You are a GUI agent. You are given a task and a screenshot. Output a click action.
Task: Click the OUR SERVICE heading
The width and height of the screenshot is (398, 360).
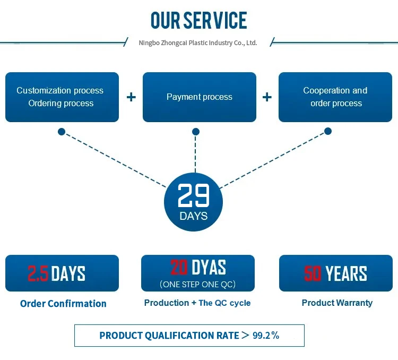[x=199, y=20]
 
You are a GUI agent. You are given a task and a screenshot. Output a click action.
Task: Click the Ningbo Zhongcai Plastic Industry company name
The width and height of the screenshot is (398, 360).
[x=197, y=42]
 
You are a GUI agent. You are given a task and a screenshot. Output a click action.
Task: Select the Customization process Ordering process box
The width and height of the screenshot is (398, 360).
[x=62, y=97]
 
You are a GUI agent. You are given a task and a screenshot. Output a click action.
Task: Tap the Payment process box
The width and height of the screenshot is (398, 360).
[x=200, y=97]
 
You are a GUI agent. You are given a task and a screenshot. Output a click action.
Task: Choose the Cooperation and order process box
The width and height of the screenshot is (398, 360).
[x=335, y=97]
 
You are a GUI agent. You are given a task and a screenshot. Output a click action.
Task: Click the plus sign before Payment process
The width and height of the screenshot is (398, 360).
[x=131, y=97]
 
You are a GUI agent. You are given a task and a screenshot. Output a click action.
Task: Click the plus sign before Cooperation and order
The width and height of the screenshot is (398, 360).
[x=267, y=97]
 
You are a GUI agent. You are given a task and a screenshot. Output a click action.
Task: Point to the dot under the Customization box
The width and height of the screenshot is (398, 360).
[x=62, y=131]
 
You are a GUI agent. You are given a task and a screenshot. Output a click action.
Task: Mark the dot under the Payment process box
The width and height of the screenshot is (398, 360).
[x=196, y=131]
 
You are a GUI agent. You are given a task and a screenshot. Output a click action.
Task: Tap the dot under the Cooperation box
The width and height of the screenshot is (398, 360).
[x=328, y=131]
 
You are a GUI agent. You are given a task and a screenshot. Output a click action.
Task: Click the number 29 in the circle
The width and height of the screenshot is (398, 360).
[x=194, y=196]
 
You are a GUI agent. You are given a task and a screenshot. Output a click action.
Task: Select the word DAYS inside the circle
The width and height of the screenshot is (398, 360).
[x=194, y=216]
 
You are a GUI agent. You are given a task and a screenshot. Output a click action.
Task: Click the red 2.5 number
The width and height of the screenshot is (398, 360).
[x=38, y=273]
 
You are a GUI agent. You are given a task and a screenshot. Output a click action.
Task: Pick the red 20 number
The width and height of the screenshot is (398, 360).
[x=179, y=267]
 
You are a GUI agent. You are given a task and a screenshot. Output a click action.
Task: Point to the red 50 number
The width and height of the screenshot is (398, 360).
[x=313, y=273]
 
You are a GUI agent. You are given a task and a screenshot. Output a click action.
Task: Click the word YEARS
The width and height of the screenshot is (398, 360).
[x=346, y=273]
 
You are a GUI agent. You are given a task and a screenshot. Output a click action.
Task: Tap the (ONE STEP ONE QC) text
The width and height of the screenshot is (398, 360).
[x=197, y=284]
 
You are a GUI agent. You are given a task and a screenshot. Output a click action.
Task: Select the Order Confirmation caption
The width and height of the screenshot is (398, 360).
[x=63, y=304]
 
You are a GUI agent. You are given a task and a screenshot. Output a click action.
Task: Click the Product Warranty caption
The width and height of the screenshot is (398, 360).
[x=337, y=303]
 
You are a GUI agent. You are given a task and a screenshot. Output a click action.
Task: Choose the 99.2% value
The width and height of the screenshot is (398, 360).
[x=266, y=335]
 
